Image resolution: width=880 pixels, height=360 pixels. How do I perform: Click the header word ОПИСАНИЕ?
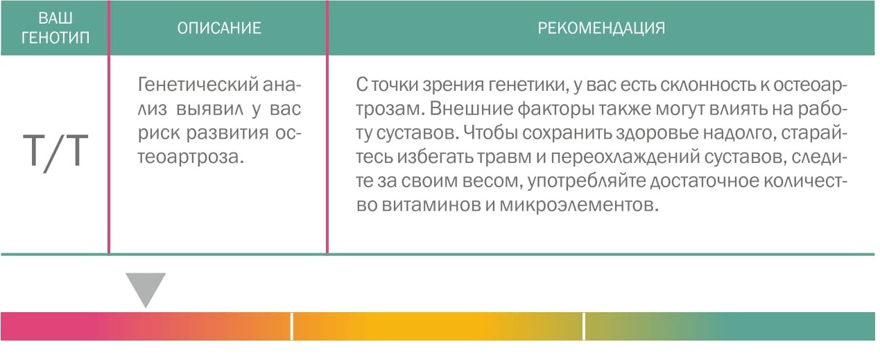tap(219, 28)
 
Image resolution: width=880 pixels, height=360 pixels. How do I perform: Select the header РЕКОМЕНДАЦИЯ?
tap(601, 28)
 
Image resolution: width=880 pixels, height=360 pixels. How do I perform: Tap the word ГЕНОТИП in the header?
tap(55, 37)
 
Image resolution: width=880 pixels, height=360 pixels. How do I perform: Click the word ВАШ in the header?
tap(55, 18)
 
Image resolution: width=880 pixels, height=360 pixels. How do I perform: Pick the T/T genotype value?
tap(55, 152)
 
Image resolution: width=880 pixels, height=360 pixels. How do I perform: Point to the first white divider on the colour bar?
tap(291, 326)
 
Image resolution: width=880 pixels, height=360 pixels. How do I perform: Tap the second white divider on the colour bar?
tap(584, 326)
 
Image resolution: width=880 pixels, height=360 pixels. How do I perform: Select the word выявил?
tap(210, 109)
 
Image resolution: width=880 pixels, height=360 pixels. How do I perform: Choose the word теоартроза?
tap(191, 157)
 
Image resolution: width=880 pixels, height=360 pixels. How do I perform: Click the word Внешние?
tap(473, 109)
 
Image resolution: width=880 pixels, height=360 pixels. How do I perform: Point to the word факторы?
tap(558, 110)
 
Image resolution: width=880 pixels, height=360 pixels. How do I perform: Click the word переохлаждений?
tap(625, 157)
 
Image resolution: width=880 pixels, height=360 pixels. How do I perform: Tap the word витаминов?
tap(431, 205)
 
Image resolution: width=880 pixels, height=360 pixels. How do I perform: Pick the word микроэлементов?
tap(579, 205)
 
